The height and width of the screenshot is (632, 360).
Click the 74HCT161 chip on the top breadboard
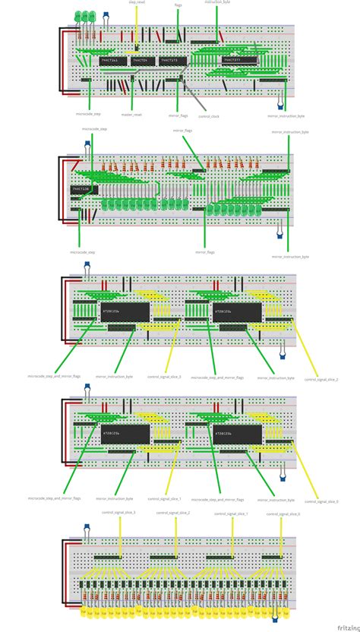tap(109, 60)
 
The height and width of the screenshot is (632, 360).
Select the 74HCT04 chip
tap(139, 60)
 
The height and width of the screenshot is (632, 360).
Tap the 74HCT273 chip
tap(169, 60)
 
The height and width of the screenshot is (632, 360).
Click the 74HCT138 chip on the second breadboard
tap(79, 188)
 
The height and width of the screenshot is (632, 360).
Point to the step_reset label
tap(137, 2)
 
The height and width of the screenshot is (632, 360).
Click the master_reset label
tap(131, 114)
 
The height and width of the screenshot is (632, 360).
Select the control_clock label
tap(208, 115)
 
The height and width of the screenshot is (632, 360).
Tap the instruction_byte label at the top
tap(218, 3)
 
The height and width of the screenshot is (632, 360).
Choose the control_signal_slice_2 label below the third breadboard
tap(321, 379)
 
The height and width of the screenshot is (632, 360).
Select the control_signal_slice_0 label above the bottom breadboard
tap(283, 513)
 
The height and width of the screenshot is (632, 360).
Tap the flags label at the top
tap(178, 5)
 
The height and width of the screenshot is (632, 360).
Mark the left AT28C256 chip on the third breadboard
tap(124, 310)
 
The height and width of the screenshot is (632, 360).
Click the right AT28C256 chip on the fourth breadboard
tap(237, 434)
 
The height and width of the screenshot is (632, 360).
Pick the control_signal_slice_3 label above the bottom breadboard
tap(118, 513)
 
